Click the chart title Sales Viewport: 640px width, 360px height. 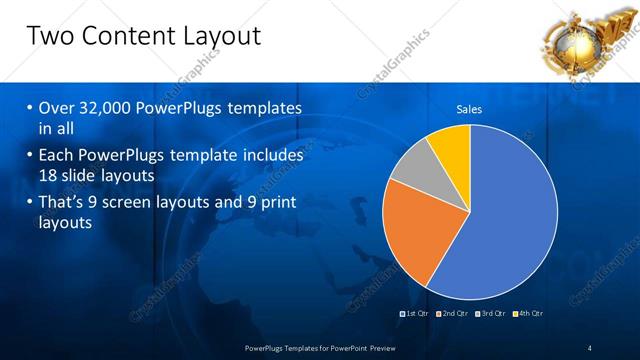469,109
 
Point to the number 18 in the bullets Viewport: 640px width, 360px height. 50,175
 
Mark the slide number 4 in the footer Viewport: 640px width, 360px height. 590,348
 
